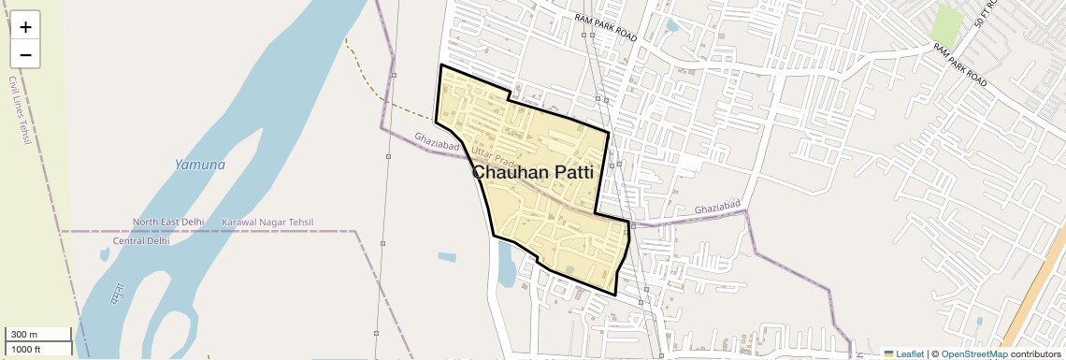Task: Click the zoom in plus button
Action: (x=25, y=27)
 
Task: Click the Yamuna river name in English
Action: (x=200, y=165)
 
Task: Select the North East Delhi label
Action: (x=168, y=223)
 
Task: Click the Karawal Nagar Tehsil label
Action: (x=267, y=223)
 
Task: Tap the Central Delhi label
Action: (x=141, y=240)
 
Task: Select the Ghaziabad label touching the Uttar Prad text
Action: (x=438, y=142)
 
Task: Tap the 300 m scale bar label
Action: (x=25, y=335)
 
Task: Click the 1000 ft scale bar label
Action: (x=27, y=349)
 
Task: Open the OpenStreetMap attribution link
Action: (x=973, y=354)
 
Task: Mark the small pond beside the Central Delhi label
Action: (x=105, y=253)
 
